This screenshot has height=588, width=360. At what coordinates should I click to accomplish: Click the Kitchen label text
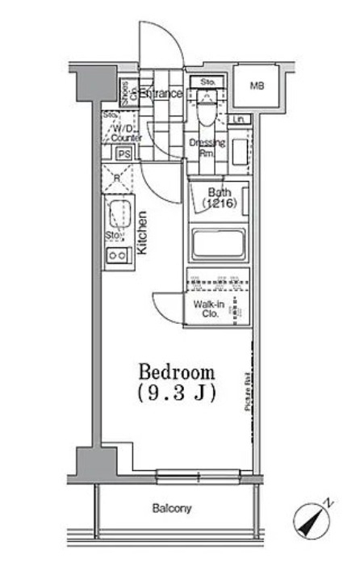[x=142, y=233]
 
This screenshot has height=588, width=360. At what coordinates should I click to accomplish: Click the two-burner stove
[x=117, y=256]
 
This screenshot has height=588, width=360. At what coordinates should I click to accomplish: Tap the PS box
[x=123, y=154]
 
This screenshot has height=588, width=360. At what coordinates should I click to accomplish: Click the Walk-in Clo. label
[x=207, y=309]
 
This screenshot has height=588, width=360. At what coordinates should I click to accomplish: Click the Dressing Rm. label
[x=203, y=147]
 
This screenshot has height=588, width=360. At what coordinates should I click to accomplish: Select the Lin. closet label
[x=239, y=120]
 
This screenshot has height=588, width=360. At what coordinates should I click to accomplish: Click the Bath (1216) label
[x=218, y=198]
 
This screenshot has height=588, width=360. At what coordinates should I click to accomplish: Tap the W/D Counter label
[x=126, y=133]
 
